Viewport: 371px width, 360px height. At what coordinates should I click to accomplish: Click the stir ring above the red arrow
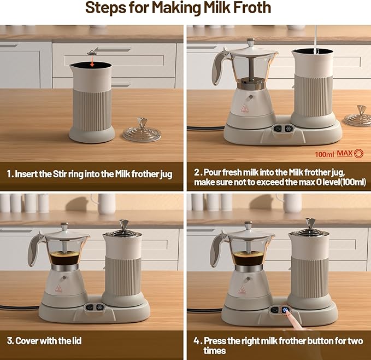(92, 53)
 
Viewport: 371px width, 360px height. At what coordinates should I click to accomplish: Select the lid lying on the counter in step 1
(142, 131)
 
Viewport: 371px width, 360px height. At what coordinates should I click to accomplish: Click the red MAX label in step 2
(344, 154)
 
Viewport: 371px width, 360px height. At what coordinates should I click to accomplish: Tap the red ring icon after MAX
(358, 154)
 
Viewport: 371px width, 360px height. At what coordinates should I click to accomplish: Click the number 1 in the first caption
(9, 175)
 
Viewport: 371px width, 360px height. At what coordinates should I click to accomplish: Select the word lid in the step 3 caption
(74, 341)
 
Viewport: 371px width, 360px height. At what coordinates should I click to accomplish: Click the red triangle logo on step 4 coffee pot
(242, 288)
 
